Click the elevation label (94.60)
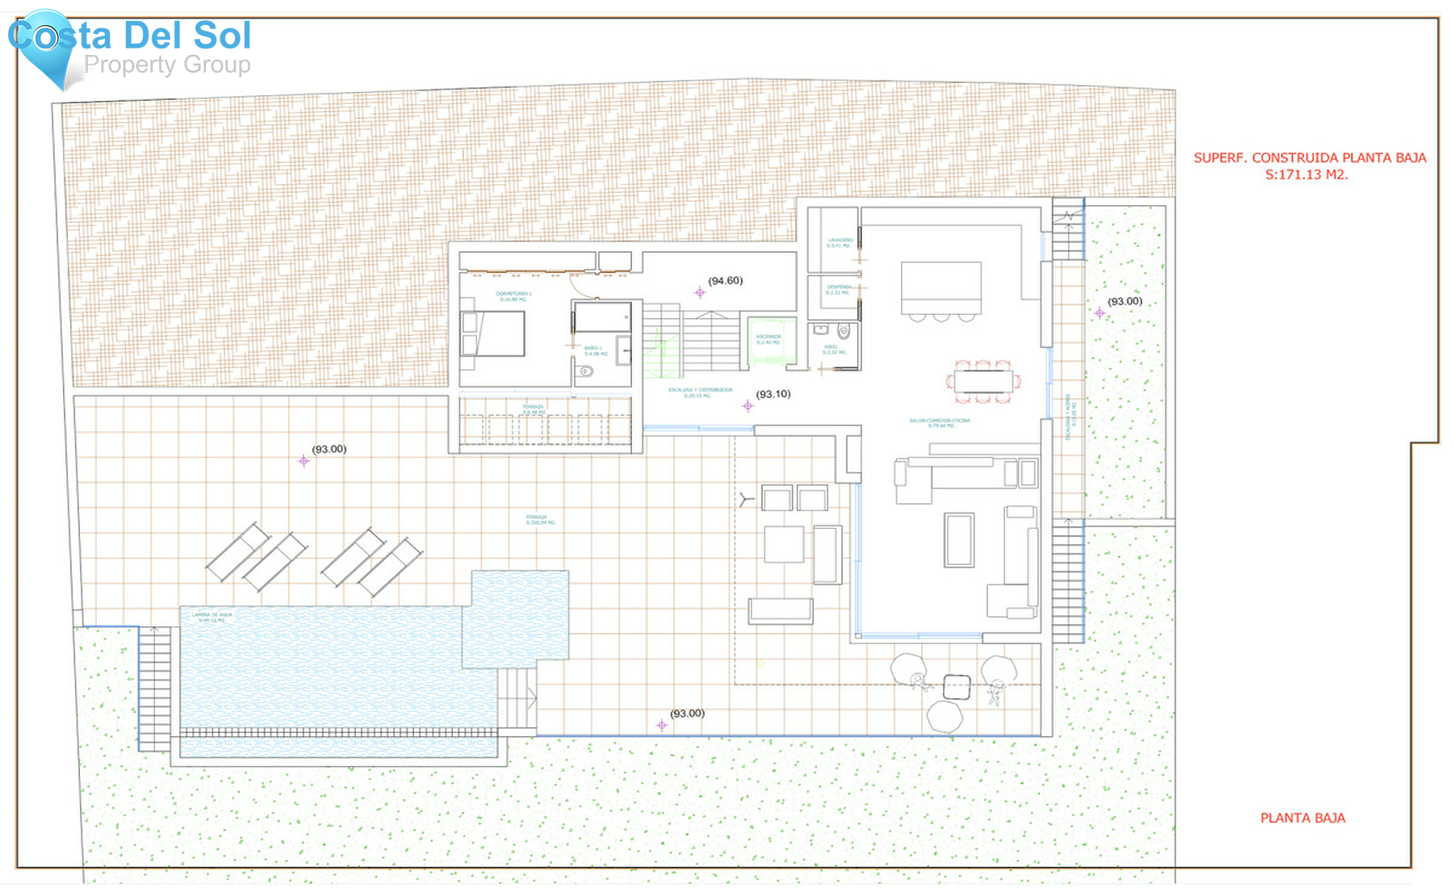point(725,281)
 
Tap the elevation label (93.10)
point(773,394)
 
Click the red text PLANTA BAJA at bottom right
point(1302,818)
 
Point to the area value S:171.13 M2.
point(1306,174)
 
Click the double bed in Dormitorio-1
point(492,333)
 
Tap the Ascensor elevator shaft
point(771,342)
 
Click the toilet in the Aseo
point(844,330)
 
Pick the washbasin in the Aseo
point(820,329)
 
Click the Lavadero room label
point(840,242)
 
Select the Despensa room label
point(839,289)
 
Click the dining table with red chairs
point(982,381)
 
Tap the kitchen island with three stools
point(941,288)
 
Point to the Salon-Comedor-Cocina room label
point(940,422)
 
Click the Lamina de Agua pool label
point(212,617)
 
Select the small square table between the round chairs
point(957,687)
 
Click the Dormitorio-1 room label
point(513,295)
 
